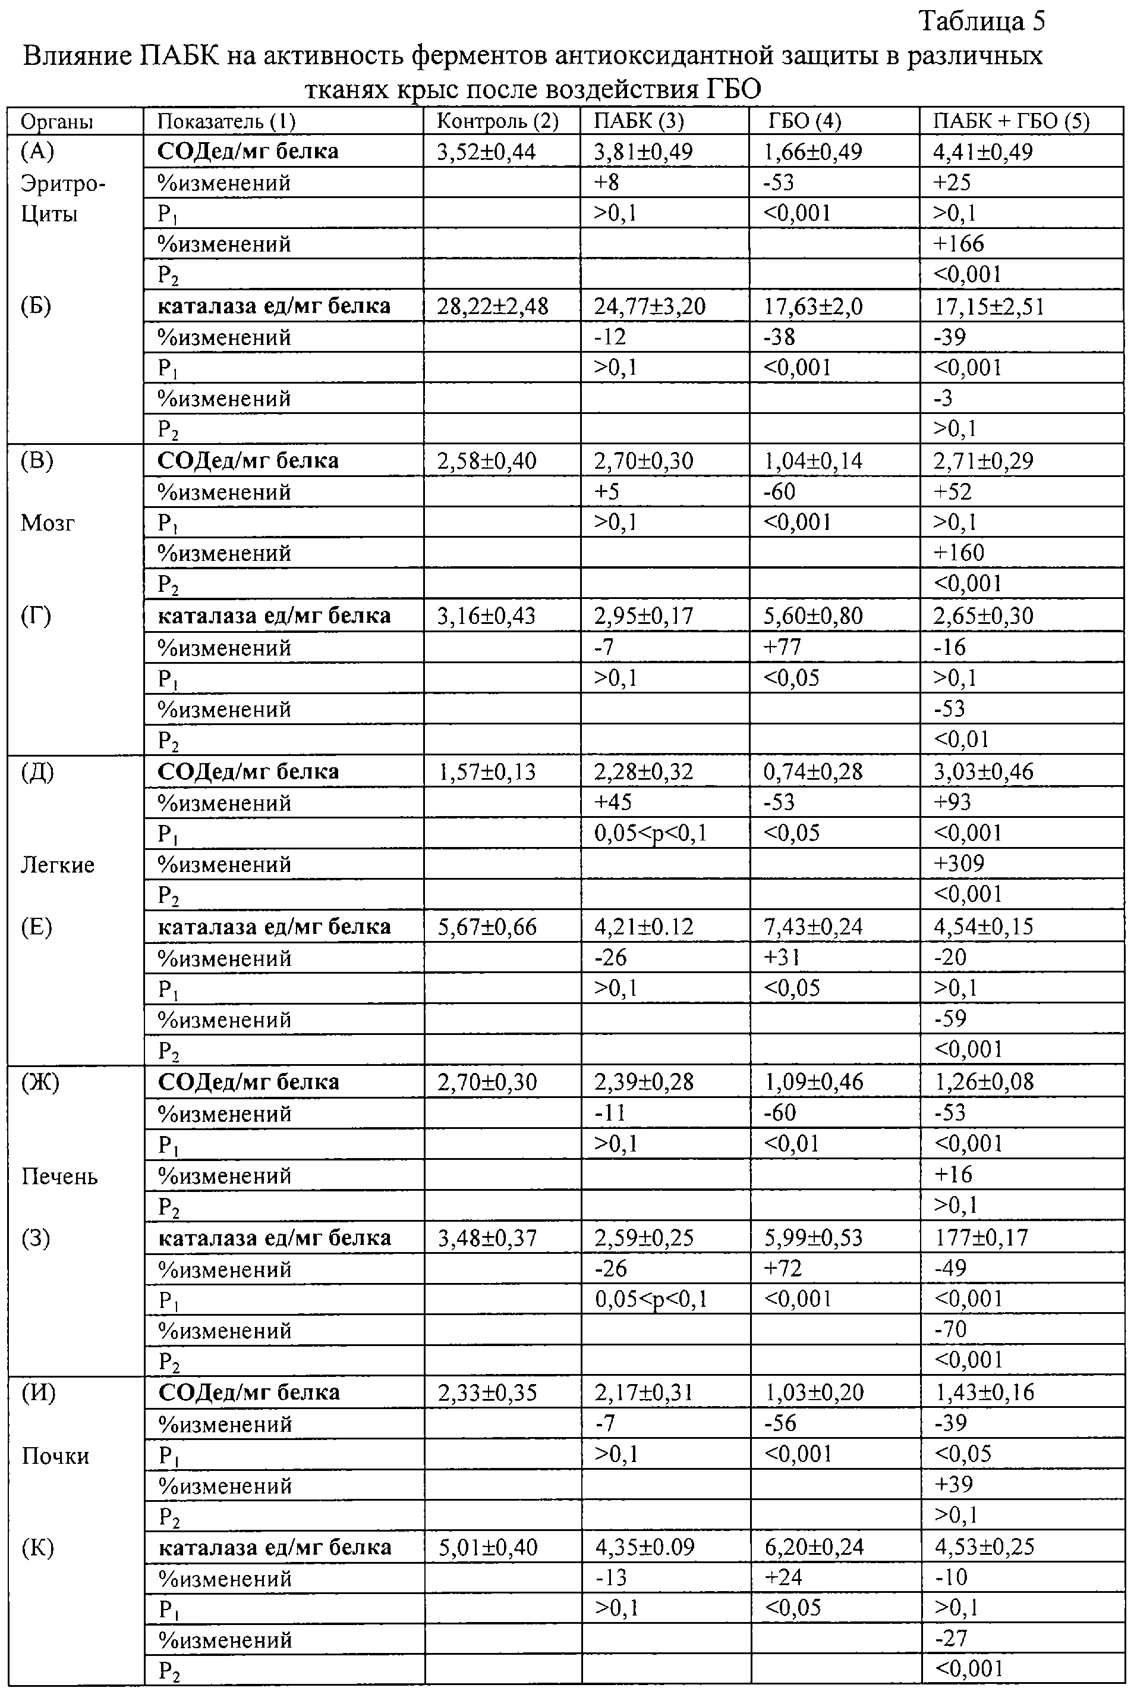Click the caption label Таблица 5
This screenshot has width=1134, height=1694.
(981, 21)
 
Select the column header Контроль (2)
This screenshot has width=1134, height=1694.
(497, 121)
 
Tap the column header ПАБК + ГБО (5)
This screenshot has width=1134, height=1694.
(1011, 121)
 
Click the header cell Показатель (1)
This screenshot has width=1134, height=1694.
(226, 121)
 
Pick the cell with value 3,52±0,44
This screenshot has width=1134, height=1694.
(486, 152)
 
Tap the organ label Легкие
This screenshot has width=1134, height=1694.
(57, 865)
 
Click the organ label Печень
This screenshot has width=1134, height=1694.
(59, 1177)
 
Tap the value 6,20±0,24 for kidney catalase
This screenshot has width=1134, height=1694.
(814, 1548)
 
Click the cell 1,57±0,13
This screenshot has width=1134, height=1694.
(487, 772)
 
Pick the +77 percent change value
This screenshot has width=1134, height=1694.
(783, 647)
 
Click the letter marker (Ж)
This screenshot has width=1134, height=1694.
(40, 1083)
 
